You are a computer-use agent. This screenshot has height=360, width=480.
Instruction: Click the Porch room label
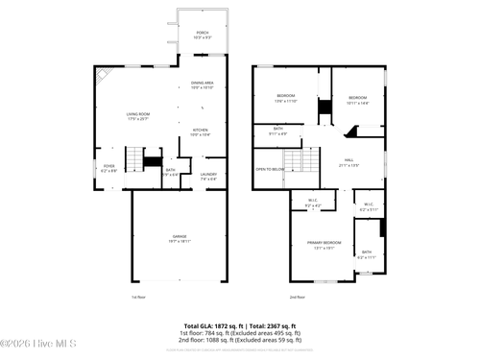pyautogui.click(x=202, y=35)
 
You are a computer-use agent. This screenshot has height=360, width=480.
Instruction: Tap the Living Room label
pyautogui.click(x=138, y=115)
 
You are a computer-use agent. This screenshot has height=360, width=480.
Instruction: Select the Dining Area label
pyautogui.click(x=202, y=86)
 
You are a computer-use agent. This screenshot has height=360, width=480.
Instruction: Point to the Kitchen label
pyautogui.click(x=200, y=132)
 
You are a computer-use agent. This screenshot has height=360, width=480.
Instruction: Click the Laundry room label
pyautogui.click(x=208, y=177)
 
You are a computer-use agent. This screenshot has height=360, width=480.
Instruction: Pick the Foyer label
pyautogui.click(x=109, y=167)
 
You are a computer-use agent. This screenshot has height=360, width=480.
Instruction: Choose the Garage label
pyautogui.click(x=180, y=239)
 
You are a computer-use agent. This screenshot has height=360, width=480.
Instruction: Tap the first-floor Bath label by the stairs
pyautogui.click(x=170, y=172)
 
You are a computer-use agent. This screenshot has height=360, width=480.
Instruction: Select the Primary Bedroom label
pyautogui.click(x=324, y=245)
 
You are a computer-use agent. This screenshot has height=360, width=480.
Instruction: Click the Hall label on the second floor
pyautogui.click(x=348, y=163)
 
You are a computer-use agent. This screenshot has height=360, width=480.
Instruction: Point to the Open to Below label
pyautogui.click(x=269, y=169)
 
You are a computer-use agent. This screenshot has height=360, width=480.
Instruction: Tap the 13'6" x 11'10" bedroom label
pyautogui.click(x=286, y=98)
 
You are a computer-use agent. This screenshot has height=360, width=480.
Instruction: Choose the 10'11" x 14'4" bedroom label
pyautogui.click(x=357, y=99)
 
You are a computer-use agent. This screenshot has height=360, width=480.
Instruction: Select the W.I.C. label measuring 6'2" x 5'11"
pyautogui.click(x=369, y=206)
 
